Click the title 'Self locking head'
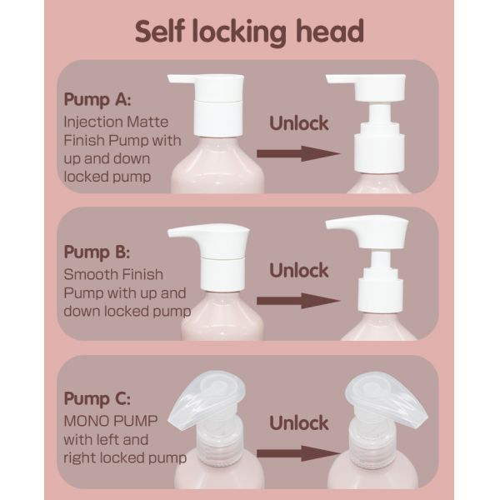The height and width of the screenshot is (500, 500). point(249,32)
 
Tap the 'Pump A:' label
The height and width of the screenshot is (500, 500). point(97,99)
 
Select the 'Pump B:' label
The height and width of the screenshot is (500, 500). point(97,252)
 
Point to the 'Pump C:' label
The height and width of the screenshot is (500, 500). point(97,398)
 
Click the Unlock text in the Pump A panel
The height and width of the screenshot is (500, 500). point(299,123)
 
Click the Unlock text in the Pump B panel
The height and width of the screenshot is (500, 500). point(299,270)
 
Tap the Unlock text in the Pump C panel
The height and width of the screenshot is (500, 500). point(299,423)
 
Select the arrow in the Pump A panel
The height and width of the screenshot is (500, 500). point(298,153)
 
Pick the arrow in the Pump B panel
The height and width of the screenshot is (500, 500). point(298,301)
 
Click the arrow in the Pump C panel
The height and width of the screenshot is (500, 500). point(298,453)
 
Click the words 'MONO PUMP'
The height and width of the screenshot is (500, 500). point(111,421)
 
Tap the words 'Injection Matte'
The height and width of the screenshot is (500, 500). point(116,122)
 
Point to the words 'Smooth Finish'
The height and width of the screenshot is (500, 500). point(113,274)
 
